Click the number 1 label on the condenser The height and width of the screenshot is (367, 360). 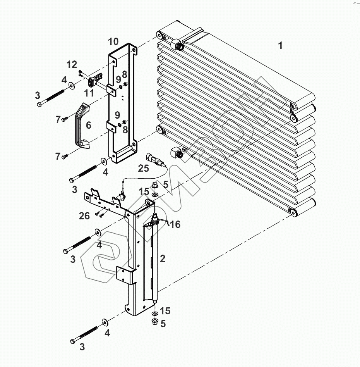(x=280, y=45)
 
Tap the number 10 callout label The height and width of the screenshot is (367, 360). (x=113, y=41)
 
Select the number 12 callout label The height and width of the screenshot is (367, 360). (x=72, y=64)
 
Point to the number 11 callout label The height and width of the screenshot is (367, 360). (x=89, y=93)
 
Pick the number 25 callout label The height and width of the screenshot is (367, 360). (x=143, y=168)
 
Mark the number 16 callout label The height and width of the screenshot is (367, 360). (x=175, y=224)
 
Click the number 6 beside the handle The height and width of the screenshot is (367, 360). (x=88, y=125)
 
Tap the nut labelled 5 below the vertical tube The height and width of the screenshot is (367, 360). (x=154, y=322)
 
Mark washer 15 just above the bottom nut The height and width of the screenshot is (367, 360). (x=154, y=313)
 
